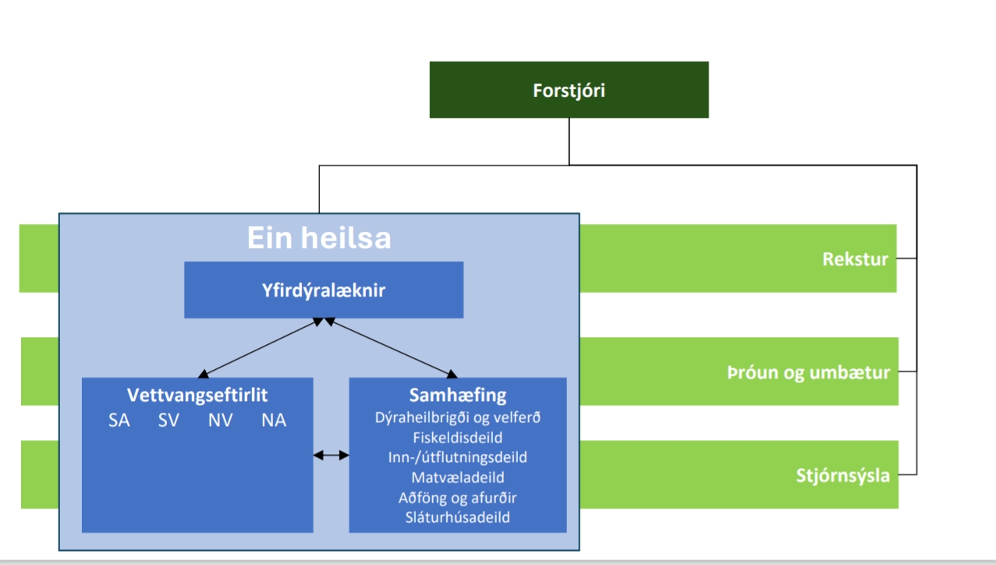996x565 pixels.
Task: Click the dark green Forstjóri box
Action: click(x=569, y=90)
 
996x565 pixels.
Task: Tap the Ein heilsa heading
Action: click(x=319, y=237)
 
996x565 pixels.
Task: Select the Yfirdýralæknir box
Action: click(x=324, y=290)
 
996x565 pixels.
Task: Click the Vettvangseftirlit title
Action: click(x=197, y=395)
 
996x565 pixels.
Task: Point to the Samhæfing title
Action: click(x=457, y=395)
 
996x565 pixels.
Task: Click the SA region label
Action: click(x=119, y=421)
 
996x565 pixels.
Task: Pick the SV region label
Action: click(x=168, y=421)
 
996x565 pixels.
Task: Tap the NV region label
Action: click(x=221, y=421)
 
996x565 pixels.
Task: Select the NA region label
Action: click(x=274, y=421)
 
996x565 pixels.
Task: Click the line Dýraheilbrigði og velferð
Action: click(x=457, y=418)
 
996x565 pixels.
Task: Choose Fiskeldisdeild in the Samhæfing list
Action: click(x=457, y=437)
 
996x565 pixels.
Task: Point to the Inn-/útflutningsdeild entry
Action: click(x=457, y=457)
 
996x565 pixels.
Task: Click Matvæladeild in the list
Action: click(x=457, y=477)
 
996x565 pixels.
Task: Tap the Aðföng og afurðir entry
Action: click(x=457, y=497)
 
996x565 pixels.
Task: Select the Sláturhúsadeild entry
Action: click(x=457, y=517)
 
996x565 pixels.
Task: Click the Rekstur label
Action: click(x=855, y=259)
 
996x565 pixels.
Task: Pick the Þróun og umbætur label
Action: click(x=808, y=372)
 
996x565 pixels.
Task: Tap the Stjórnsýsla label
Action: click(x=842, y=475)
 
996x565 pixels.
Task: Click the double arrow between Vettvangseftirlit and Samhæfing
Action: click(x=331, y=455)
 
